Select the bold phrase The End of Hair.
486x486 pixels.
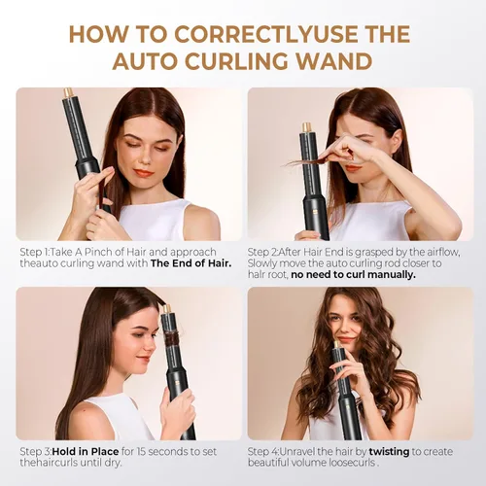click(x=191, y=263)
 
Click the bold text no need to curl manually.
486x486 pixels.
click(x=353, y=275)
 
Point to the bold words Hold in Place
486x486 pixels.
click(x=86, y=451)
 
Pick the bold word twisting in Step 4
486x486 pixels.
click(x=389, y=452)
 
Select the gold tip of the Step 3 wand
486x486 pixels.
click(x=167, y=309)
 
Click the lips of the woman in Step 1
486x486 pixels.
click(x=143, y=173)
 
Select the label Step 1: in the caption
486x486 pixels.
click(x=35, y=253)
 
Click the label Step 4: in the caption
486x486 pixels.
click(x=263, y=452)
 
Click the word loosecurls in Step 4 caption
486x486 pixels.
click(x=352, y=463)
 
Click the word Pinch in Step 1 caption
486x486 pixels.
click(x=97, y=253)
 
